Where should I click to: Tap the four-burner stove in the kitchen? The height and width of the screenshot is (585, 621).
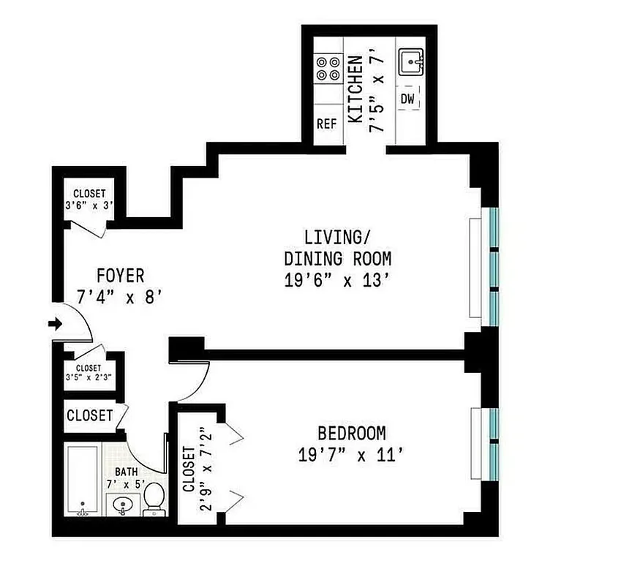click(326, 68)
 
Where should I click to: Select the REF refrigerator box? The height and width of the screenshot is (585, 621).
click(326, 124)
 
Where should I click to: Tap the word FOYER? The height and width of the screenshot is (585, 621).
click(121, 276)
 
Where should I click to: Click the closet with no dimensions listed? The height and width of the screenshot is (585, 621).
click(89, 415)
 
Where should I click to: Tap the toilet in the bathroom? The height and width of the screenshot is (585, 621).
click(154, 499)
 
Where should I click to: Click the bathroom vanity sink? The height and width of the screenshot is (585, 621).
click(121, 503)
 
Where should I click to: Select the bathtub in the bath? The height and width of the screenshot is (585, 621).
click(83, 479)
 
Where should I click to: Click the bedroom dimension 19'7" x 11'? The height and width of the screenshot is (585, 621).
click(352, 455)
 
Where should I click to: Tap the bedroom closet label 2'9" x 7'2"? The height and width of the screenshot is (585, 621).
click(197, 469)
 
